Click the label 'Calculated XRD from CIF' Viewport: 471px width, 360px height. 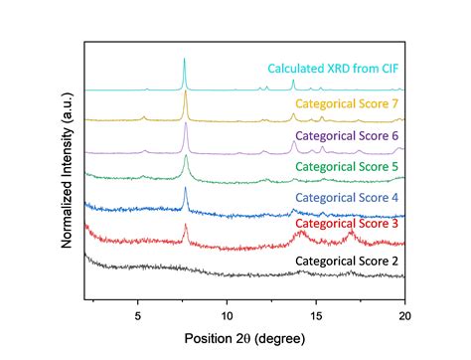tap(334, 70)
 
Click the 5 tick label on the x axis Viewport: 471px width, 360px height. tap(138, 314)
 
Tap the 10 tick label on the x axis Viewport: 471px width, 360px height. tap(227, 314)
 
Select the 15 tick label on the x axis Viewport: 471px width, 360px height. tap(316, 314)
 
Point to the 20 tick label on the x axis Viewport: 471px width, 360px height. tap(403, 314)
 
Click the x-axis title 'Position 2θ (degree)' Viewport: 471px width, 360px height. tap(244, 338)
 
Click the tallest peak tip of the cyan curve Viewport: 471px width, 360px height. tap(185, 59)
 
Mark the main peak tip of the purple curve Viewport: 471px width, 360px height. tap(185, 123)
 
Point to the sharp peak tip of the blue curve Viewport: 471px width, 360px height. tap(186, 189)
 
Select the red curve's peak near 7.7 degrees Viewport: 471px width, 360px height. tap(186, 225)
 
